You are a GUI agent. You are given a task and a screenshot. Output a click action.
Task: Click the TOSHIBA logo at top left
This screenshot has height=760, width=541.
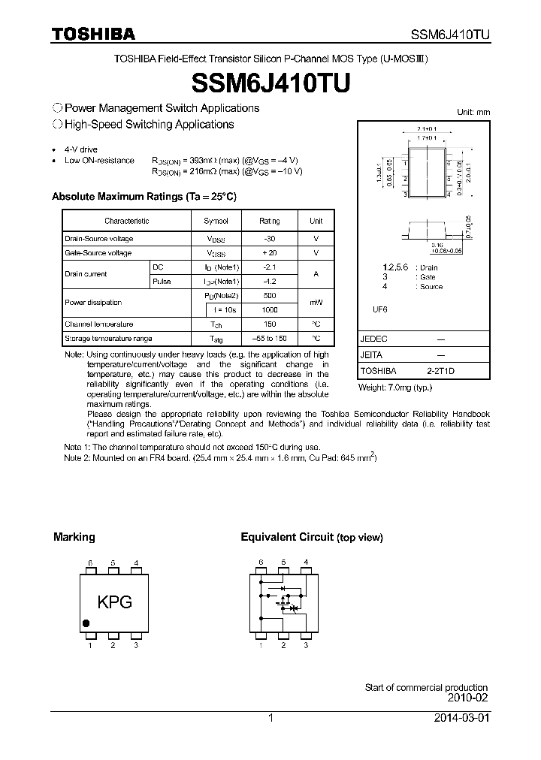click(x=93, y=34)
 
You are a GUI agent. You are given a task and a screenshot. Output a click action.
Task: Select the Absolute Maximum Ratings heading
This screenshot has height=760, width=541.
click(x=144, y=197)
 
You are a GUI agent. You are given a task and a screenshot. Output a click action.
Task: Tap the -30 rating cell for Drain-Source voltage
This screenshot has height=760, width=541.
click(x=268, y=239)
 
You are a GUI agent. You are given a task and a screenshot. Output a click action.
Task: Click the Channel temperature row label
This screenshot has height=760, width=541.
click(x=98, y=324)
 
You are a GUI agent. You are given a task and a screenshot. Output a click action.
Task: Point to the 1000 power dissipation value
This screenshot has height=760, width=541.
click(x=268, y=310)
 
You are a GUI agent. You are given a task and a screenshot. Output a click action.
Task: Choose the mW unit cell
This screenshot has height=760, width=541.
click(x=316, y=303)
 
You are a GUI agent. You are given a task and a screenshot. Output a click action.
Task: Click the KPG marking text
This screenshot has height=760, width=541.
click(x=115, y=602)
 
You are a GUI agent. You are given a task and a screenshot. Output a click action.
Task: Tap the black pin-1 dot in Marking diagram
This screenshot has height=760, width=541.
click(x=86, y=623)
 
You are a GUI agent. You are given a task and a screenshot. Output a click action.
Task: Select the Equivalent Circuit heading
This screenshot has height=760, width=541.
click(x=286, y=537)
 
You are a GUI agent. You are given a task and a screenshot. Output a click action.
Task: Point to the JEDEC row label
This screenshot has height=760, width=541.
click(x=373, y=339)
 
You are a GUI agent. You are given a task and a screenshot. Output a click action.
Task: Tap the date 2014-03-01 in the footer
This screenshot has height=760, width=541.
click(x=461, y=718)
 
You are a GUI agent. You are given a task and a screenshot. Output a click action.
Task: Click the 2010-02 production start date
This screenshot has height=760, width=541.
click(x=467, y=698)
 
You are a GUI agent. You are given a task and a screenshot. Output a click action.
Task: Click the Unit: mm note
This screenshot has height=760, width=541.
click(x=473, y=112)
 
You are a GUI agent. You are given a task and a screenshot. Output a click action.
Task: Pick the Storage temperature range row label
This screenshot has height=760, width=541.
click(x=108, y=339)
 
